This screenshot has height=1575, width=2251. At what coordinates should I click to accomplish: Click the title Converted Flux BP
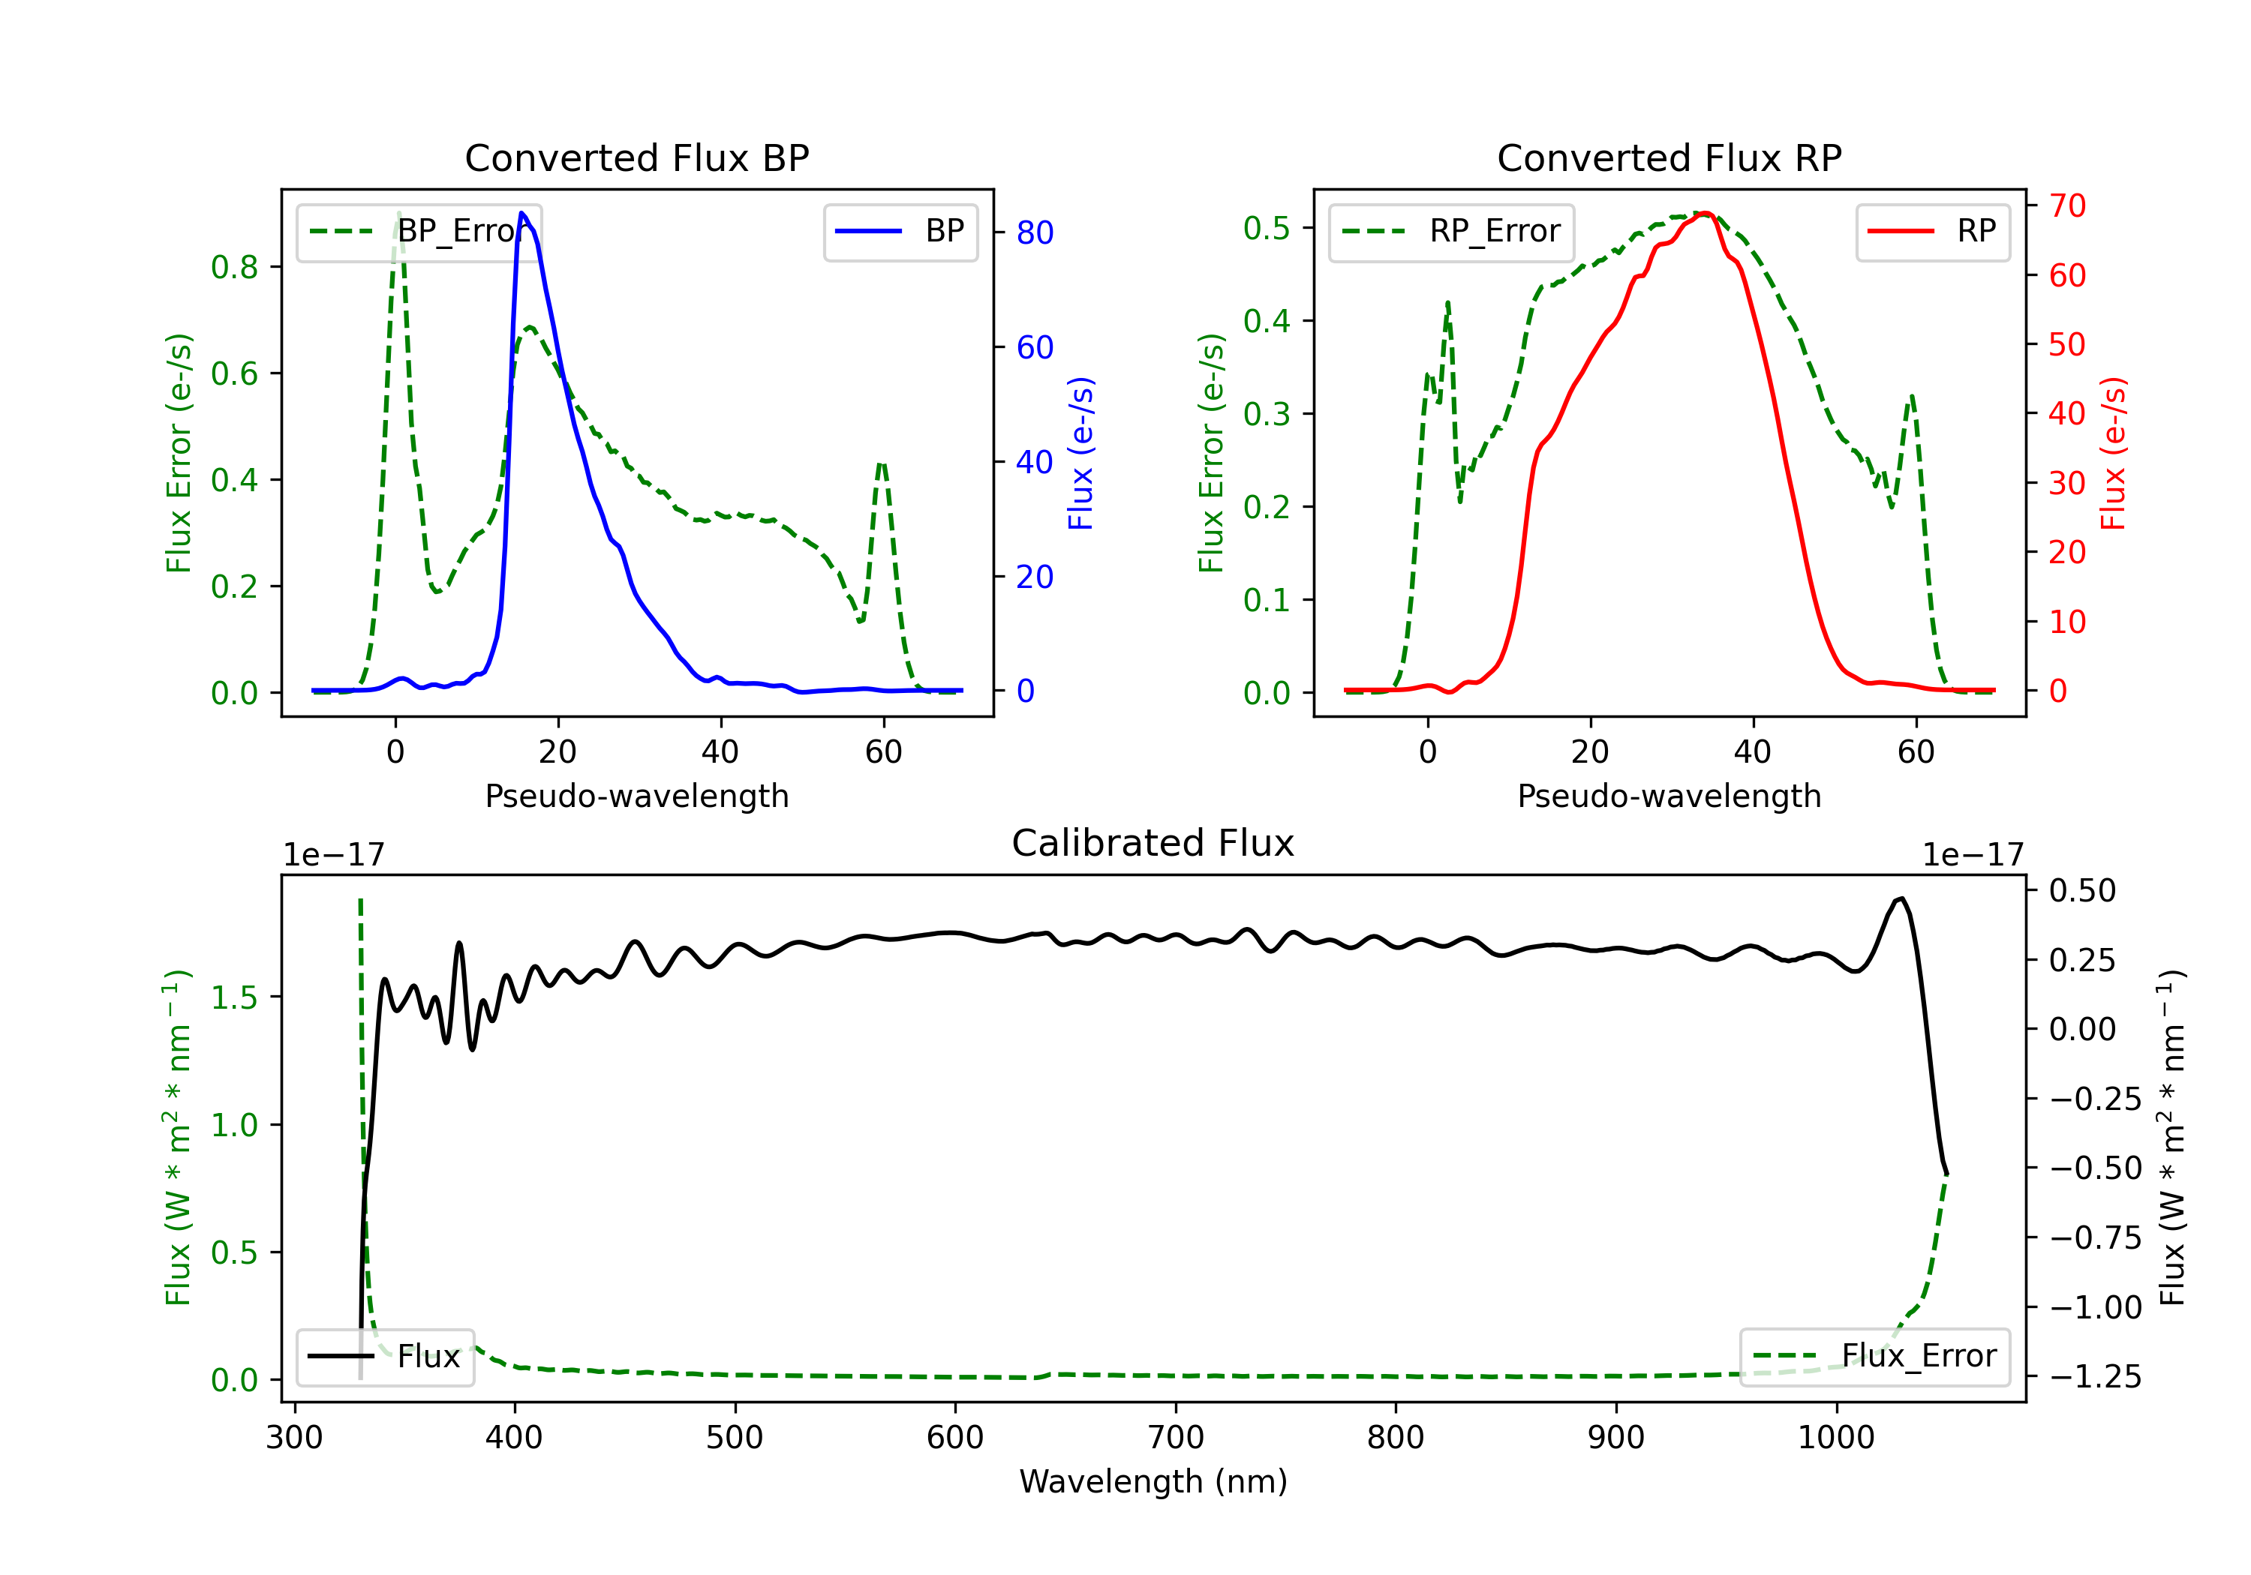pyautogui.click(x=636, y=157)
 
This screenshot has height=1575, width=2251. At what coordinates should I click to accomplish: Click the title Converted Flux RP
pyautogui.click(x=1669, y=157)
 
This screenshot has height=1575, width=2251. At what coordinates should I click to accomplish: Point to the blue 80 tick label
pyautogui.click(x=1034, y=233)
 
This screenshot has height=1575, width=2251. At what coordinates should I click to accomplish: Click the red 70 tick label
pyautogui.click(x=2066, y=205)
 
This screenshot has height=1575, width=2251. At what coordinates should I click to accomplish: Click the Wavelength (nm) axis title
pyautogui.click(x=1153, y=1481)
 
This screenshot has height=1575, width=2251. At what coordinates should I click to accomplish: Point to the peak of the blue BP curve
pyautogui.click(x=521, y=214)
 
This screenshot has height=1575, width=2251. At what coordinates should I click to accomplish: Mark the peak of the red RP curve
pyautogui.click(x=1705, y=213)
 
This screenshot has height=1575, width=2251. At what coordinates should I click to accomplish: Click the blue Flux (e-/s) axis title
pyautogui.click(x=1080, y=454)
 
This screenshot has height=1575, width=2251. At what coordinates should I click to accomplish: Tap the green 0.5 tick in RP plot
pyautogui.click(x=1267, y=228)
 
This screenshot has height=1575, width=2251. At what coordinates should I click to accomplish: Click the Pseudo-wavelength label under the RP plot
pyautogui.click(x=1669, y=796)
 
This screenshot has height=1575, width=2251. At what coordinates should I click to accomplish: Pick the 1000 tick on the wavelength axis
pyautogui.click(x=1835, y=1438)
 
